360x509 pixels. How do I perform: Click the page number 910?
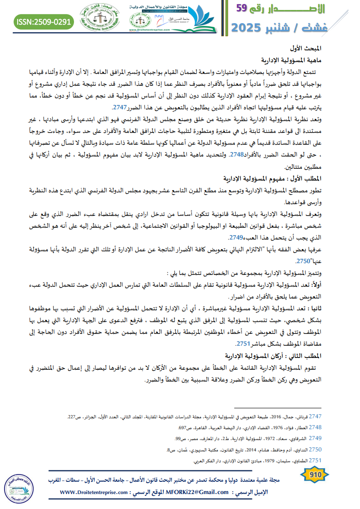[x=314, y=475]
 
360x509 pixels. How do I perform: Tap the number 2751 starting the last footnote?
[x=315, y=460]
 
